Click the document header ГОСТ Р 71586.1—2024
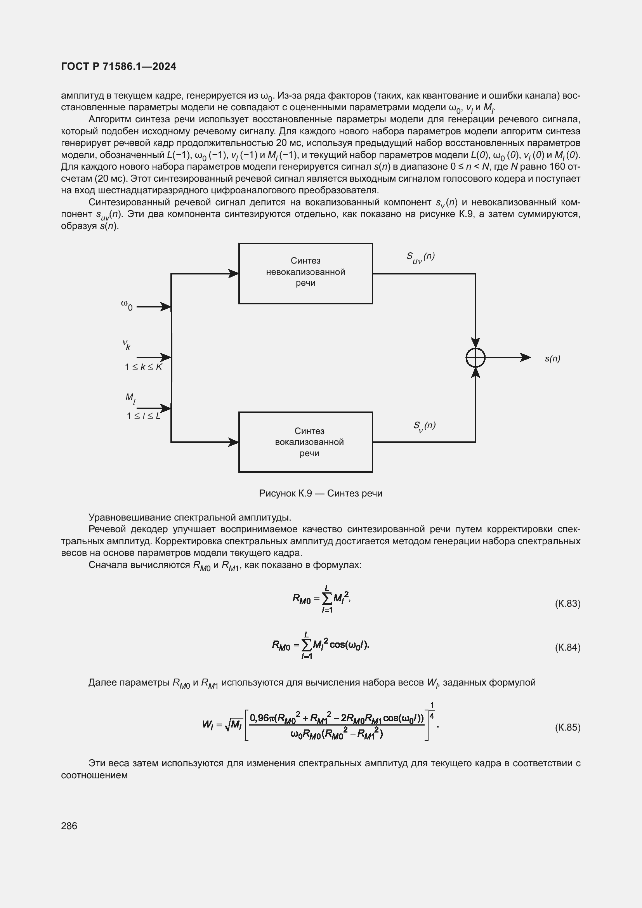tap(119, 66)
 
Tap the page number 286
tap(69, 826)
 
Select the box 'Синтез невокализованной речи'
tap(305, 273)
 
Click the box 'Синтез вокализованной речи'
tap(305, 442)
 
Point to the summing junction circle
tap(475, 358)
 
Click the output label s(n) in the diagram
tap(552, 358)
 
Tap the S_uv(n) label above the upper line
tap(420, 257)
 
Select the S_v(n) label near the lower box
tap(424, 426)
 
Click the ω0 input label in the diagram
tap(127, 305)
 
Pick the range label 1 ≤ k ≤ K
tap(143, 367)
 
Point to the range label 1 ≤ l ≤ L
tap(144, 416)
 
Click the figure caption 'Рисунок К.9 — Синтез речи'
tap(321, 493)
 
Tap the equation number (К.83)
tap(567, 604)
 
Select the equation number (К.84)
tap(567, 648)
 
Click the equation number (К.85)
tap(567, 727)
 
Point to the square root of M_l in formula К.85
tap(234, 724)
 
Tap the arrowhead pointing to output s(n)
tap(526, 358)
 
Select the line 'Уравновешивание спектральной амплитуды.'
tap(190, 517)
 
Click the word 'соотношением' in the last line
tap(94, 775)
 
